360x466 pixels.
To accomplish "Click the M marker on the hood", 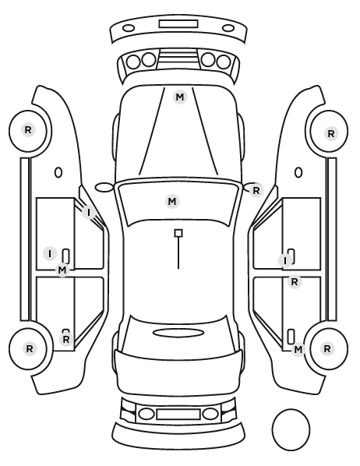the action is point(180,97).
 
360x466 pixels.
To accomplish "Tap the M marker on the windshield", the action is point(172,202).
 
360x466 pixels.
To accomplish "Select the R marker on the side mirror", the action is point(256,190).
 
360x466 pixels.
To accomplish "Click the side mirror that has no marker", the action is point(104,188).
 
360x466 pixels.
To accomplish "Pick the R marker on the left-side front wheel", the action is point(28,130).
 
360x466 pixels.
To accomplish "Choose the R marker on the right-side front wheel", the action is point(331,134).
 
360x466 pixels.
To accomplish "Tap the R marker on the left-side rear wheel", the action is point(29,348).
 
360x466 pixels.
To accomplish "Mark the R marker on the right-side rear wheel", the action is point(327,348).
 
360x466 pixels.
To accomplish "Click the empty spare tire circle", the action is point(291,429).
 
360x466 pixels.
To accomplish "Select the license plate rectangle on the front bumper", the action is point(178,24).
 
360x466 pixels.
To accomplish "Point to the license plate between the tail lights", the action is point(178,414).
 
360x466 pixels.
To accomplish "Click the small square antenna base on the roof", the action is point(178,233).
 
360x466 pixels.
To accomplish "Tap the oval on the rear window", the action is point(178,333).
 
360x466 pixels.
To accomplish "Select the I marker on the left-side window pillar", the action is point(89,213).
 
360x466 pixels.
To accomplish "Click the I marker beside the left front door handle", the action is point(50,254).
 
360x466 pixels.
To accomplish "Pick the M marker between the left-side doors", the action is point(62,270).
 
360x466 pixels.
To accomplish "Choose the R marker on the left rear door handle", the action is point(66,339).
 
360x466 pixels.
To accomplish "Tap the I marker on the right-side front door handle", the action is point(285,260).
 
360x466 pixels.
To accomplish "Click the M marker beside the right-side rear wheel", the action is point(298,349).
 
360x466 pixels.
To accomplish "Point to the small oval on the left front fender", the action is point(58,172).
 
